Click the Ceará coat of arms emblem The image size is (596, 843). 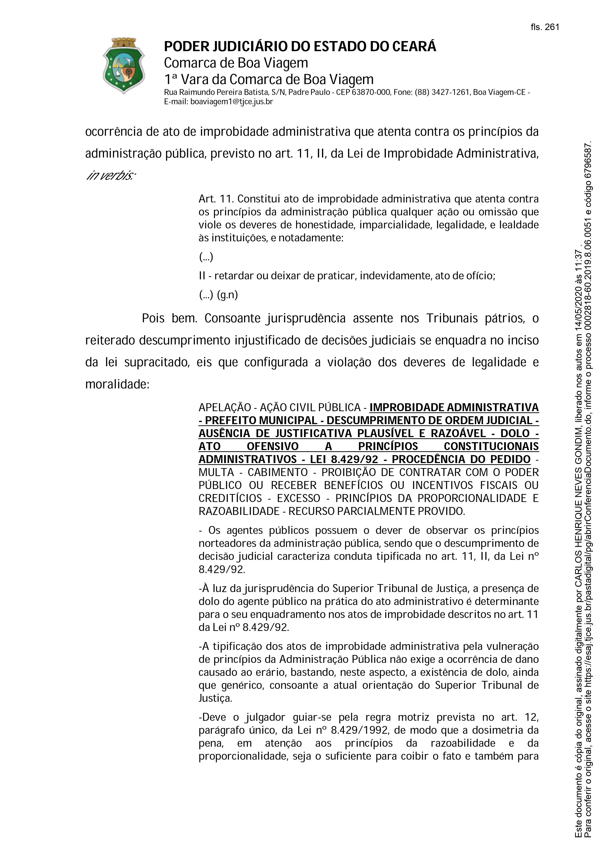[x=124, y=65]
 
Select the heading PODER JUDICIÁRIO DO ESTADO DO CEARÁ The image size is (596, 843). [x=300, y=47]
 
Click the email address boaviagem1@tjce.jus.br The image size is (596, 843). [x=231, y=102]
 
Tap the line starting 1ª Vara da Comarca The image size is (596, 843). [x=269, y=79]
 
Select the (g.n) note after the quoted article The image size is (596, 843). [x=228, y=295]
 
